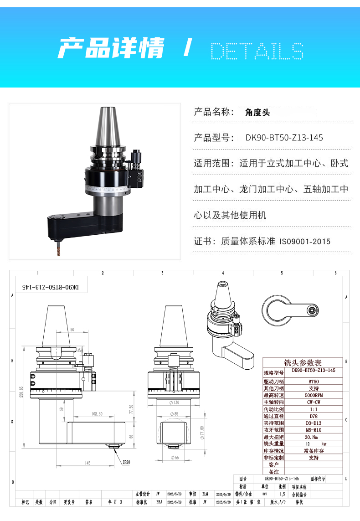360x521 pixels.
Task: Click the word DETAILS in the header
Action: point(257,51)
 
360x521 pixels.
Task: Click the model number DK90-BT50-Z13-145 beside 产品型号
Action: point(284,137)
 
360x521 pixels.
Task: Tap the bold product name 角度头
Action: point(257,112)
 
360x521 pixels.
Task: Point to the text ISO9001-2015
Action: point(305,241)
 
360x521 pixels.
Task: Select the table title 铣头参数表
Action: point(303,363)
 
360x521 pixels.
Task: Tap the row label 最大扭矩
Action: point(274,437)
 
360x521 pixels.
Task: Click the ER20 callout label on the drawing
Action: point(126,462)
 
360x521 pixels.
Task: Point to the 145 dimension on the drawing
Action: point(87,463)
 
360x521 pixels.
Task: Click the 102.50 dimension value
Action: point(97,414)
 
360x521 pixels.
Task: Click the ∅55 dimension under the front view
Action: point(175,457)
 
